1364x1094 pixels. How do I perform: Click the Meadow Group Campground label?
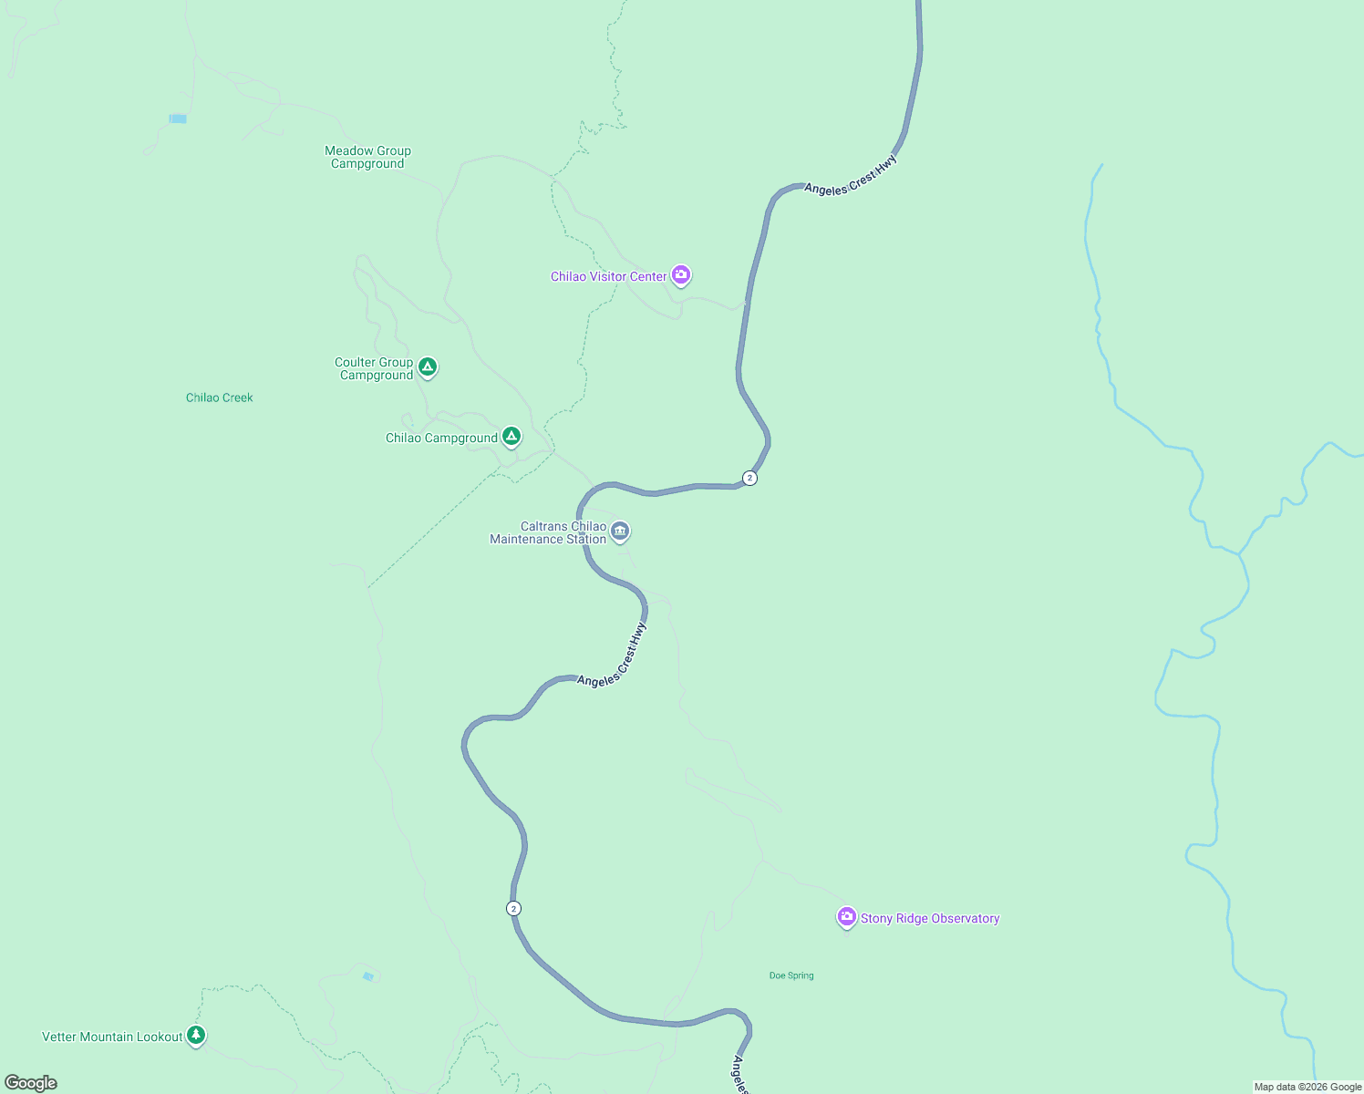point(367,157)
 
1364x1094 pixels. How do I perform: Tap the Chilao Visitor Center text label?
point(608,276)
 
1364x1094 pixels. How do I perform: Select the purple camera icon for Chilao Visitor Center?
point(681,274)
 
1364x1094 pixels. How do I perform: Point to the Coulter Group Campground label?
point(374,368)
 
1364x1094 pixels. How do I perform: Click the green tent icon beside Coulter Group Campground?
point(428,366)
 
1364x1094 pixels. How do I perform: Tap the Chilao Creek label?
point(220,397)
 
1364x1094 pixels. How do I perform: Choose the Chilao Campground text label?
point(441,438)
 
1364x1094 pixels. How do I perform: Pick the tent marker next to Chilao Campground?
point(511,437)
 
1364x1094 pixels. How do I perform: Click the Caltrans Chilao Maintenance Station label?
point(548,532)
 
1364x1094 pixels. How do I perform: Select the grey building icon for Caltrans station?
point(620,531)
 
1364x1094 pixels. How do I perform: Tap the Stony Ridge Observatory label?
point(930,918)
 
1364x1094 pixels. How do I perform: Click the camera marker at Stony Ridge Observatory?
point(847,917)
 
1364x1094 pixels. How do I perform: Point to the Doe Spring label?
point(791,975)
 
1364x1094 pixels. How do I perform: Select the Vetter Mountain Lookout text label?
point(112,1037)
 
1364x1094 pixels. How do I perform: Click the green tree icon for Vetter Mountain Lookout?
point(196,1035)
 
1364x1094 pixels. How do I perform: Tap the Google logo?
point(31,1083)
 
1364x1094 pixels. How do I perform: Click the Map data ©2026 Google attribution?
point(1307,1087)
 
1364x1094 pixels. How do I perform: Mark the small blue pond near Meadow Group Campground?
point(178,119)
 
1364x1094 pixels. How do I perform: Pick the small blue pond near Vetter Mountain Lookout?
point(368,976)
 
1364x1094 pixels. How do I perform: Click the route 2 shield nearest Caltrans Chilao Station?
point(749,478)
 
